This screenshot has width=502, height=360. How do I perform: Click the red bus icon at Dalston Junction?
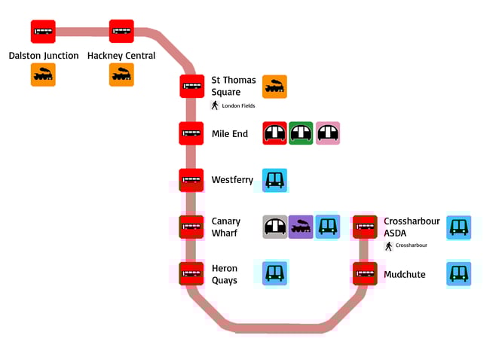click(43, 32)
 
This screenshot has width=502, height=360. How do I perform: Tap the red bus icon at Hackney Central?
click(121, 32)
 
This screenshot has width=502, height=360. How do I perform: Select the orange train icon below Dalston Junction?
click(43, 75)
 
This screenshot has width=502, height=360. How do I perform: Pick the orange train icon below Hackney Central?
click(121, 75)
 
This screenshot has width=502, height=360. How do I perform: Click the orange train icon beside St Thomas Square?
click(274, 87)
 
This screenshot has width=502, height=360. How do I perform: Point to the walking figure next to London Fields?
click(215, 105)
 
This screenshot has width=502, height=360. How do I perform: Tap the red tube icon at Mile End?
click(274, 133)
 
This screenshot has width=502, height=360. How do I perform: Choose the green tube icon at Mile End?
click(301, 133)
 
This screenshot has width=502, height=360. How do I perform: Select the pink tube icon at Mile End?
click(327, 133)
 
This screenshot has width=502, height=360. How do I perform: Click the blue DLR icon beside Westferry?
click(274, 180)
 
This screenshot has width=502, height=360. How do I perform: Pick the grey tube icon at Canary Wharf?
click(274, 227)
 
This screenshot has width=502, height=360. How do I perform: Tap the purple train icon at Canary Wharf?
click(301, 227)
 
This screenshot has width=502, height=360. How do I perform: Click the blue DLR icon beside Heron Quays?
click(274, 273)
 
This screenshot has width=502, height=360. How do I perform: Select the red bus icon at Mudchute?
click(366, 273)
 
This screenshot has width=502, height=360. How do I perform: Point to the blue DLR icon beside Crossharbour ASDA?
click(458, 227)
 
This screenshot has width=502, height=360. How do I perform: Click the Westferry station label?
click(232, 180)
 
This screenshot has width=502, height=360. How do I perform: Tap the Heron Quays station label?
click(225, 274)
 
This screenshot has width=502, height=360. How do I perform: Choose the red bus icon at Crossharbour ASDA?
click(366, 227)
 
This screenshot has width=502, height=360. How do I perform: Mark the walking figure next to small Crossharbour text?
click(389, 246)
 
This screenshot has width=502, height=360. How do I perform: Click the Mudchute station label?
click(405, 274)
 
